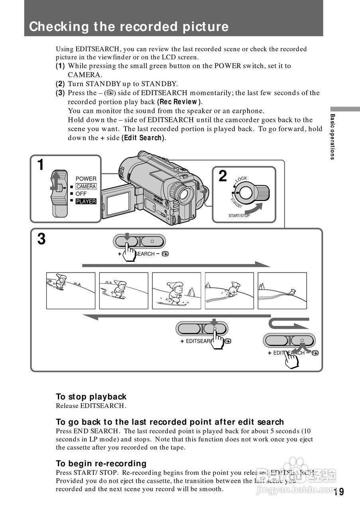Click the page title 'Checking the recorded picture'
coord(129,27)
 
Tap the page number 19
coord(339,492)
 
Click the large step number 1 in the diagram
coord(40,165)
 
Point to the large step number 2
coord(223,176)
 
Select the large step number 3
coord(41,239)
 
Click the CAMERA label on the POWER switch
coord(86,186)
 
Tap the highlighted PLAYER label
coord(86,201)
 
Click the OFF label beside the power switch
coord(81,194)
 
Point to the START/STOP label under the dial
coord(239,216)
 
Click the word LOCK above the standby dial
coord(241,179)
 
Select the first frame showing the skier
coord(71,290)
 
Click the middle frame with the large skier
coord(177,290)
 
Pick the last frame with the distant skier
coord(282,290)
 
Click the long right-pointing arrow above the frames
coord(175,265)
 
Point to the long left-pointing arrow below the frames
coord(175,317)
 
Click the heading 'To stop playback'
coord(91,397)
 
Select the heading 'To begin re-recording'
coord(101,463)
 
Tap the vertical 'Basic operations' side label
coord(332,137)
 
